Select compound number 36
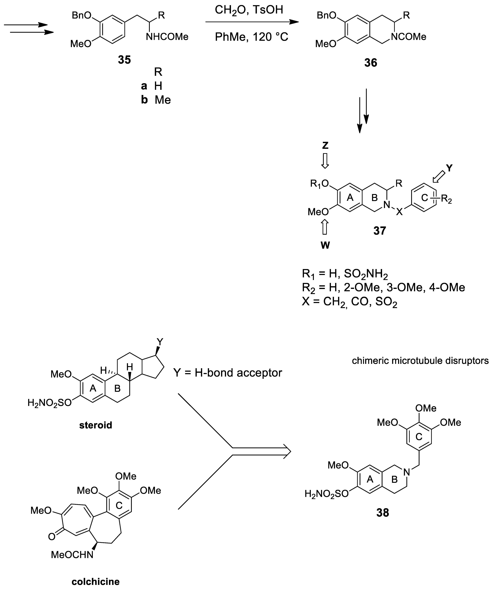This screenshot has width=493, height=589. pyautogui.click(x=371, y=63)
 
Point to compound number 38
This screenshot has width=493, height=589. pyautogui.click(x=383, y=513)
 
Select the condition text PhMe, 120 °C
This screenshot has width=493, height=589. pyautogui.click(x=251, y=37)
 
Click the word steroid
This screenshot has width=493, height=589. pyautogui.click(x=96, y=425)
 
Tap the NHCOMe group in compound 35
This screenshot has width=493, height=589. pyautogui.click(x=167, y=37)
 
